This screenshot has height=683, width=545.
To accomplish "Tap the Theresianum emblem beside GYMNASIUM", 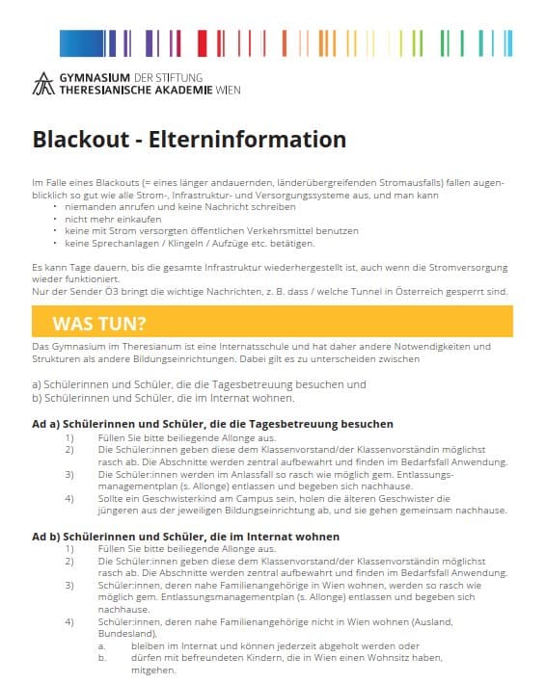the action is (x=43, y=85).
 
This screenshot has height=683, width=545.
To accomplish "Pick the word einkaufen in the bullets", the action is (x=123, y=219).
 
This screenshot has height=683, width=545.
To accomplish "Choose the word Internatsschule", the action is (x=201, y=345).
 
